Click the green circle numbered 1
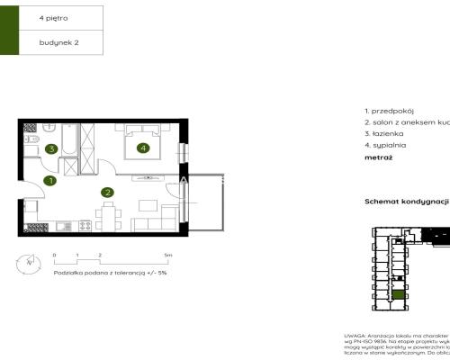point(51,181)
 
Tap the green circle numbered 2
point(107,192)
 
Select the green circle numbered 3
point(52,148)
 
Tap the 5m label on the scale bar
point(168,256)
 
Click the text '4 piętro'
point(53,17)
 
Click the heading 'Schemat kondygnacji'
point(406,202)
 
